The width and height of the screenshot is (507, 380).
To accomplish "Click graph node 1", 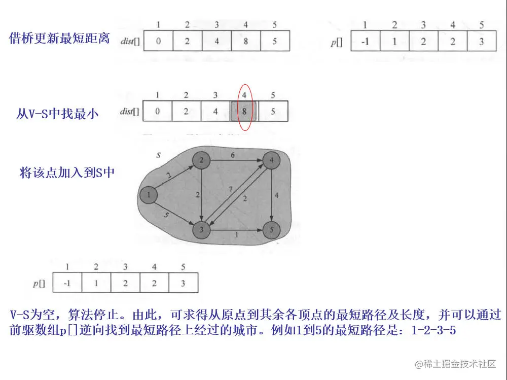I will [x=149, y=194].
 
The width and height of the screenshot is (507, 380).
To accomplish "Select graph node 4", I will [x=271, y=161].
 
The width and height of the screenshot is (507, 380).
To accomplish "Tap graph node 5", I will [x=271, y=230].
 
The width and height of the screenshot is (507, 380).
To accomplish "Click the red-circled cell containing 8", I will [x=244, y=111].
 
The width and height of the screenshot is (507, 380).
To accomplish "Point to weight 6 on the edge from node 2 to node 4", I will [x=233, y=156].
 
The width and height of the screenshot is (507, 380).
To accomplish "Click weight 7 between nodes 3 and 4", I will [x=231, y=189].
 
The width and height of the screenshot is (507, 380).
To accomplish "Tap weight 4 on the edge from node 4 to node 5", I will [x=276, y=195].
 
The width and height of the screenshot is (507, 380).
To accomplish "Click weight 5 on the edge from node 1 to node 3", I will [x=167, y=215].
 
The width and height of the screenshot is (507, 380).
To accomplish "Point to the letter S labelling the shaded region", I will [x=158, y=154].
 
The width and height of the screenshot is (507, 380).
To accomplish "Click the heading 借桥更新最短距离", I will [x=59, y=39].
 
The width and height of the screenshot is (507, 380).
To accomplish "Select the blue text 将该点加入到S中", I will [x=67, y=172].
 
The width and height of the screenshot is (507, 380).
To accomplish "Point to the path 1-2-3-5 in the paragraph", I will [x=434, y=331].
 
